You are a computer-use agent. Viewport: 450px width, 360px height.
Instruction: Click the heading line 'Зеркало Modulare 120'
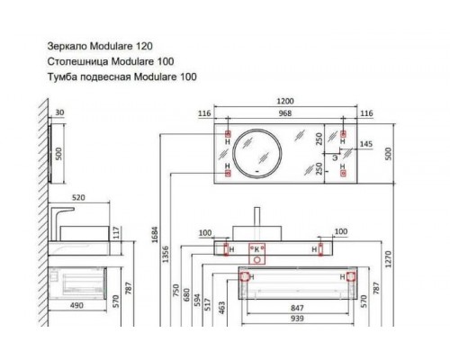(x=98, y=43)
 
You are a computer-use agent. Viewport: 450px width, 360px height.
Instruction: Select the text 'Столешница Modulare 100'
(x=108, y=60)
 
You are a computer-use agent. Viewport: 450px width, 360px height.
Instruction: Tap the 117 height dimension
(x=117, y=232)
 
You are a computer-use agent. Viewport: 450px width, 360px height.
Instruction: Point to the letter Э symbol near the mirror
(x=335, y=157)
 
